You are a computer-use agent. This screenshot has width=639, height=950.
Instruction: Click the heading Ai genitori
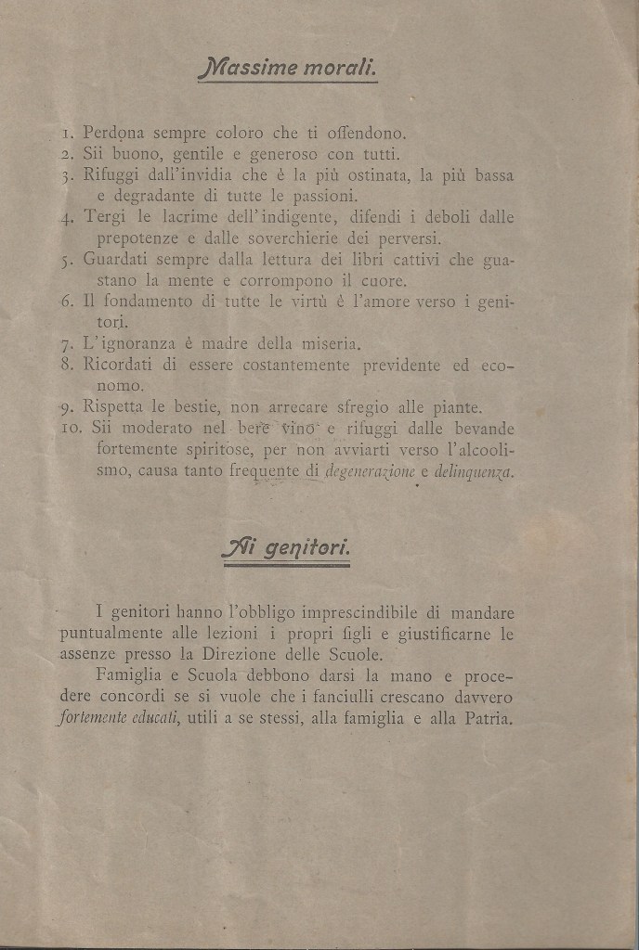click(x=285, y=548)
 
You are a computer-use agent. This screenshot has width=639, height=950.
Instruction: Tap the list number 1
click(x=67, y=134)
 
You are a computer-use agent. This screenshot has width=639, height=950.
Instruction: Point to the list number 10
click(x=72, y=429)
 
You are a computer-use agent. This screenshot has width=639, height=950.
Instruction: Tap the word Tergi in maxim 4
click(x=105, y=218)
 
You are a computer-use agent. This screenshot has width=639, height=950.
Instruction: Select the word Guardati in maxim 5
click(x=119, y=260)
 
